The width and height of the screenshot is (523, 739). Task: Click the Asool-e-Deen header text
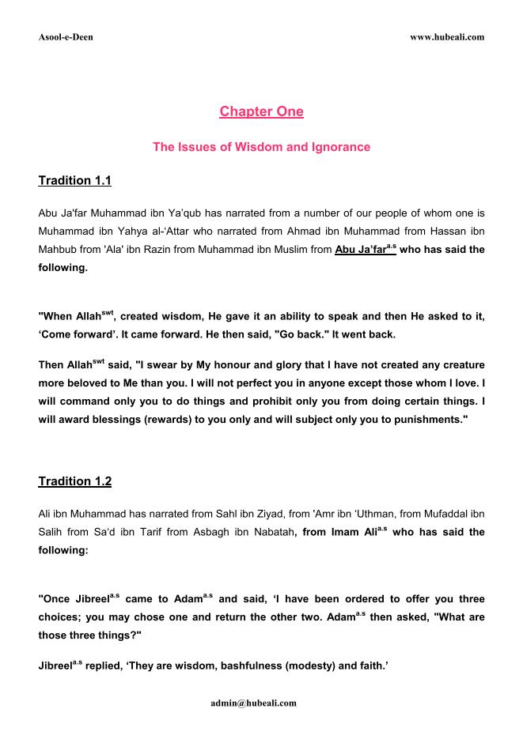click(x=66, y=37)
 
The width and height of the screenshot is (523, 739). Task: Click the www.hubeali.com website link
click(x=447, y=37)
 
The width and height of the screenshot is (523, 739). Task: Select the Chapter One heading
click(x=261, y=111)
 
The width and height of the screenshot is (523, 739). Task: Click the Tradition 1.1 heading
click(x=74, y=181)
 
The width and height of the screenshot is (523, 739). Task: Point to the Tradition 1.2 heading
click(x=74, y=481)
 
